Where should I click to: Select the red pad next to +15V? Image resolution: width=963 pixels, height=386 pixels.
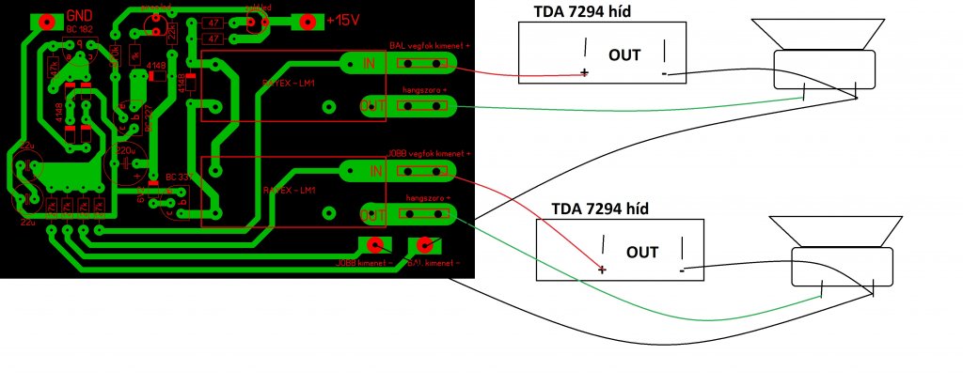click(304, 20)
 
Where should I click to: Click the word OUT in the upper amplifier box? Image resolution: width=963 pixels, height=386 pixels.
click(624, 55)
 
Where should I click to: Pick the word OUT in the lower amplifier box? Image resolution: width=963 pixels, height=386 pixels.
click(642, 252)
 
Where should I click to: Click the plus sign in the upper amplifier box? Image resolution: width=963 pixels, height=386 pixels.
click(585, 73)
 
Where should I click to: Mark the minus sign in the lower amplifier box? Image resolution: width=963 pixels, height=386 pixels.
click(681, 270)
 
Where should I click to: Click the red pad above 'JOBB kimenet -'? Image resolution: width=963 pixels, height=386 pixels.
click(376, 246)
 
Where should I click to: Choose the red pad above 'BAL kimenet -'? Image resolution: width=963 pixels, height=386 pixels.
click(425, 246)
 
